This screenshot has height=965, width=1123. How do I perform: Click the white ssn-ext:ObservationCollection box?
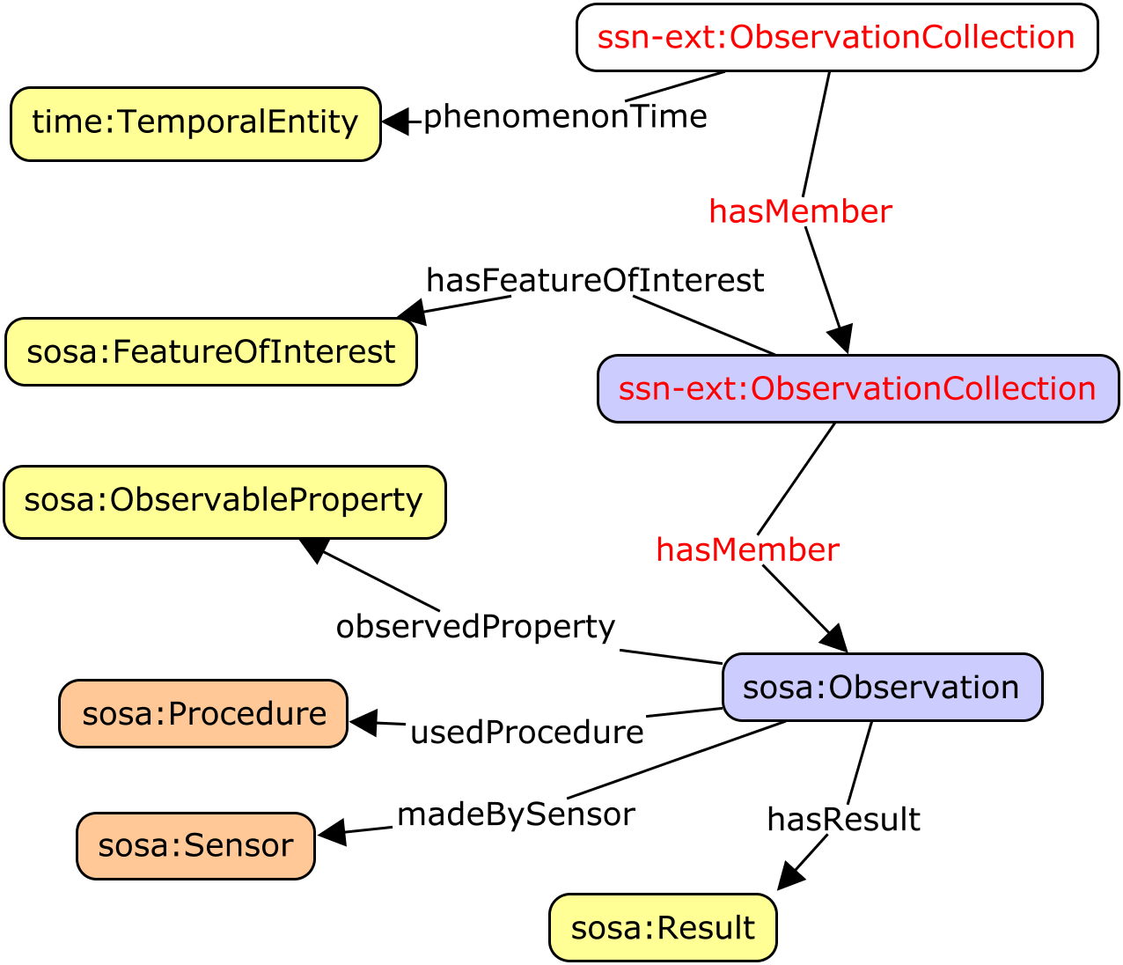click(837, 38)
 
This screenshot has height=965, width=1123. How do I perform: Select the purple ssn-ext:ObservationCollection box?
click(858, 389)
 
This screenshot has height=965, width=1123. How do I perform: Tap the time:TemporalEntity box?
click(195, 123)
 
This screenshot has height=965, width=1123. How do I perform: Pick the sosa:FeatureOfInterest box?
click(211, 352)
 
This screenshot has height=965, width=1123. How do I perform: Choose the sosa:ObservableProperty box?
click(224, 502)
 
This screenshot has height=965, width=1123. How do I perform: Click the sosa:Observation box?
click(882, 688)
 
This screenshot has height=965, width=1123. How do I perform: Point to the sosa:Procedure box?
click(203, 714)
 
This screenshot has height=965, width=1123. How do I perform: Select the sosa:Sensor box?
click(195, 846)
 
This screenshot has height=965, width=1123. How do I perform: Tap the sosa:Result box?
click(663, 928)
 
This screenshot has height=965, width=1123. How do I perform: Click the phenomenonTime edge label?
click(565, 117)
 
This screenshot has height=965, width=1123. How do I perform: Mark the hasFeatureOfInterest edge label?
click(595, 281)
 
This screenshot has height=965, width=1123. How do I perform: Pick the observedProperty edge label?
click(475, 627)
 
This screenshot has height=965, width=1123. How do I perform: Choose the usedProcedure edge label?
click(526, 733)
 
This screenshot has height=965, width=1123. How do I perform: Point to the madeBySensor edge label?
click(516, 815)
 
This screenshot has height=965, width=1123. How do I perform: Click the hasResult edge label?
click(843, 820)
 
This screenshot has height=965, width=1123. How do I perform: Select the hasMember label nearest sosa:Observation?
click(747, 550)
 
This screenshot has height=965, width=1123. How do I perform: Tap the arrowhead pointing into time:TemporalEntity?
click(396, 122)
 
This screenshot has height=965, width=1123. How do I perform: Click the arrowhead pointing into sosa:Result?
click(789, 876)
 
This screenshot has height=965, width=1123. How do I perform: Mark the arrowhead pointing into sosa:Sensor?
click(331, 833)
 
